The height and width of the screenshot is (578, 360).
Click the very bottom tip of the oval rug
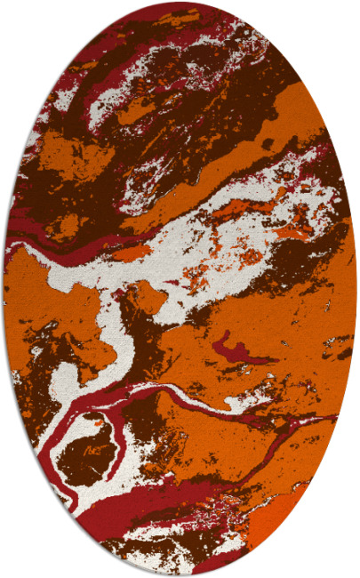[x=180, y=574]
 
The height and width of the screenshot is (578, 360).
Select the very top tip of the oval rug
[x=180, y=3]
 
